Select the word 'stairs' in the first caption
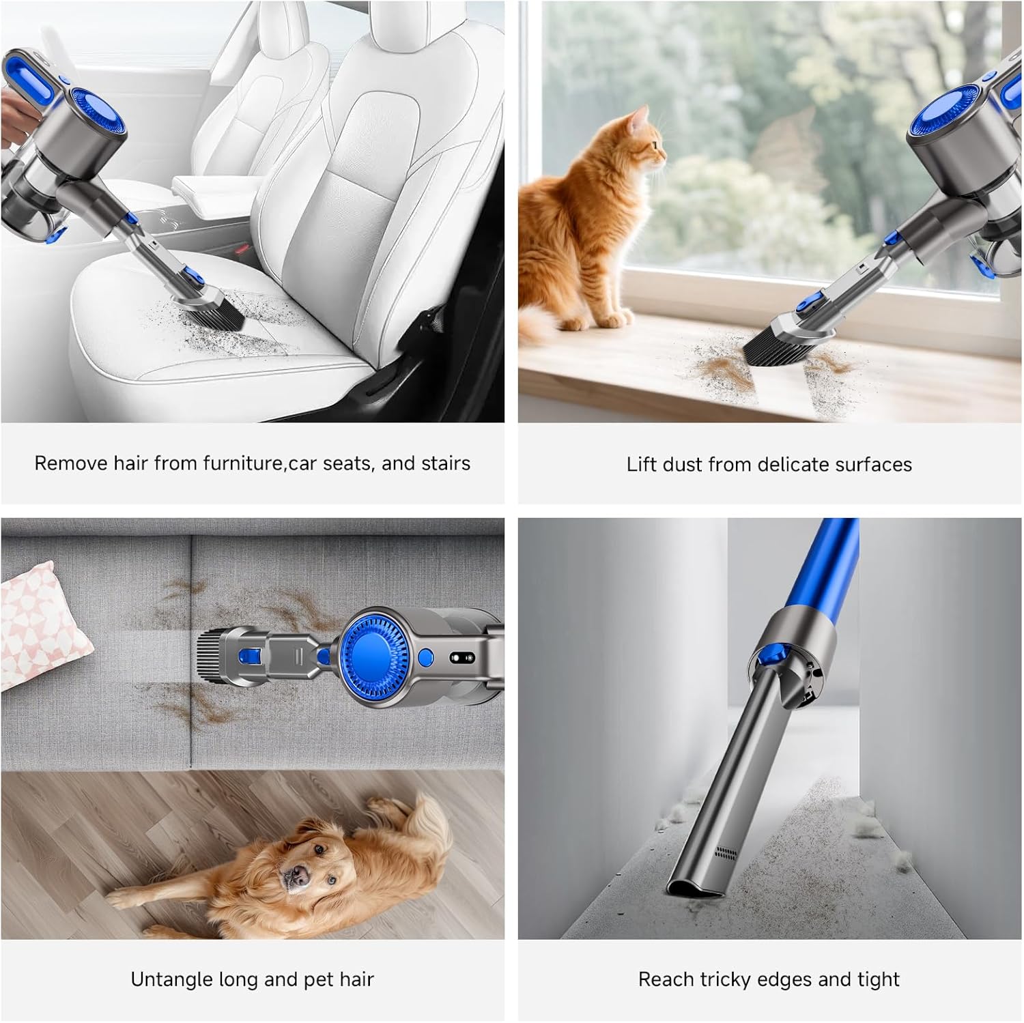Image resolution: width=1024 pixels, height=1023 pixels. (446, 463)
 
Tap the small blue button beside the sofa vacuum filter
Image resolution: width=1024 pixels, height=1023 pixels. (425, 658)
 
